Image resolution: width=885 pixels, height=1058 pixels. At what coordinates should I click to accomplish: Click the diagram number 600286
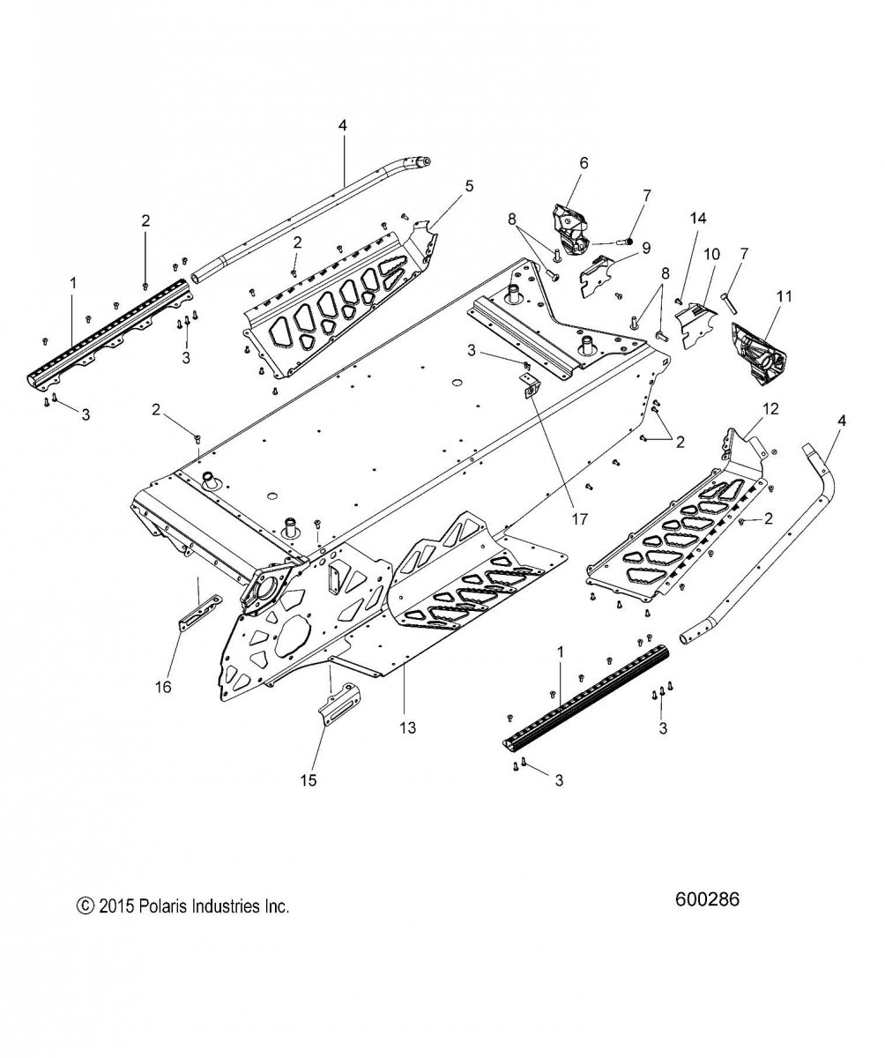click(707, 899)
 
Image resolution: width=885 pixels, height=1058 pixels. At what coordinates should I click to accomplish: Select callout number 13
click(408, 727)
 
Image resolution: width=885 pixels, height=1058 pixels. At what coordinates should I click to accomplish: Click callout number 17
click(579, 518)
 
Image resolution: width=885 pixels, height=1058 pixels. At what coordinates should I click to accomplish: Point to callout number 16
click(164, 687)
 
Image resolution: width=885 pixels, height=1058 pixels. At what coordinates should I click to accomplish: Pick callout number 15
click(308, 779)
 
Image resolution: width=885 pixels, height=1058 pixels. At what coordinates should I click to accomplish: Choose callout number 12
click(770, 408)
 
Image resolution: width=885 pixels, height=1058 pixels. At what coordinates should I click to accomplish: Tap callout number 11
click(784, 296)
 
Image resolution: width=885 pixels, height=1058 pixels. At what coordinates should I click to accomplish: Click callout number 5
click(469, 186)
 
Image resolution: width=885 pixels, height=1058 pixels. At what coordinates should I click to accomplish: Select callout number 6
click(584, 162)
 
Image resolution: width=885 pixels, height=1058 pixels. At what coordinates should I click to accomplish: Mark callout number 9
click(646, 249)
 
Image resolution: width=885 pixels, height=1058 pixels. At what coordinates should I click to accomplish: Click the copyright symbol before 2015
click(85, 905)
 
